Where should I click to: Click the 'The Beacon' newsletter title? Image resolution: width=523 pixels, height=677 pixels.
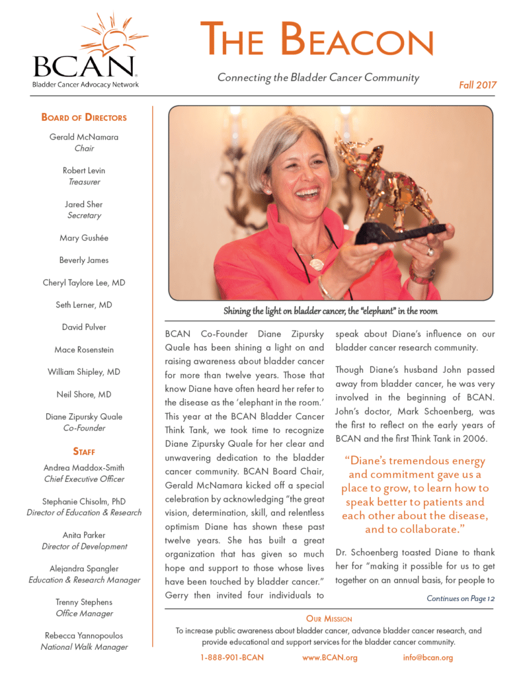pos(317,39)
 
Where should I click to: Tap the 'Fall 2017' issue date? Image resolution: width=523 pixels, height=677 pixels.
pos(477,85)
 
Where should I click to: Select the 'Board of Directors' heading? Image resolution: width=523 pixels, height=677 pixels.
pos(84,118)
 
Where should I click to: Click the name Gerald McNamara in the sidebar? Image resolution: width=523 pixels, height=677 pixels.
pos(84,138)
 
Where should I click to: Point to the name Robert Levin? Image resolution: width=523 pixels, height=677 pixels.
pos(84,171)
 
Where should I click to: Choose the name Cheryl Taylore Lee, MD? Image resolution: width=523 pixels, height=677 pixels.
pos(84,282)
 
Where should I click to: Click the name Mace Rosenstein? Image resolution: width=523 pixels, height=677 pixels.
pos(84,350)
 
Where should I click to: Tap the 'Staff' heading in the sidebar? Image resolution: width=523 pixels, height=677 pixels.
pos(84,452)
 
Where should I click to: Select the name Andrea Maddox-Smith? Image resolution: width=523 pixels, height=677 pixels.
pos(84,468)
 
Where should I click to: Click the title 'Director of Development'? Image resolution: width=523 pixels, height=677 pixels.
pos(84,546)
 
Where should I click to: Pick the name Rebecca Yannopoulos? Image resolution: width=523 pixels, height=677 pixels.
pos(84,636)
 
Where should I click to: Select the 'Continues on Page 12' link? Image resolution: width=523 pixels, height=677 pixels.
pos(460,599)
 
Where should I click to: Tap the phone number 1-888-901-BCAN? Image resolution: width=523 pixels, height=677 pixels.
pos(232,657)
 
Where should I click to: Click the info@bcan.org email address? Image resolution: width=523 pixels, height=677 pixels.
pos(428,657)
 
